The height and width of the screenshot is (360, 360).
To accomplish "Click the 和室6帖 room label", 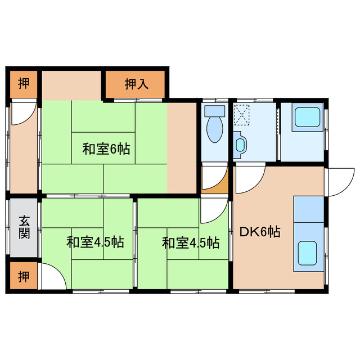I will click(x=106, y=149).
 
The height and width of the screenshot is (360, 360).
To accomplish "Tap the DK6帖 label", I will click(x=260, y=231).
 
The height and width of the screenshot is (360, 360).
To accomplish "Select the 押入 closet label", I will click(x=136, y=84).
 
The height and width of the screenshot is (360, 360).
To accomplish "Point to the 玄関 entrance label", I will click(x=24, y=227).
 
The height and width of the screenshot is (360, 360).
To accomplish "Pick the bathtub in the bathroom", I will click(x=308, y=118).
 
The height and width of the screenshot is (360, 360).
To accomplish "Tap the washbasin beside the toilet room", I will click(x=240, y=144).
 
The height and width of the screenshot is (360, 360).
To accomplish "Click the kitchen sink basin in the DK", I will click(x=308, y=253).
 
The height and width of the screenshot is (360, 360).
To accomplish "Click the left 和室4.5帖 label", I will click(x=95, y=243).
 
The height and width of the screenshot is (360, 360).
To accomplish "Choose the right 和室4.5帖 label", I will click(x=191, y=243).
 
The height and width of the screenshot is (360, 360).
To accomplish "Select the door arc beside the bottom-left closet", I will click(x=52, y=278).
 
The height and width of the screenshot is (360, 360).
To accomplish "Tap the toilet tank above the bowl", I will click(x=214, y=111).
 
